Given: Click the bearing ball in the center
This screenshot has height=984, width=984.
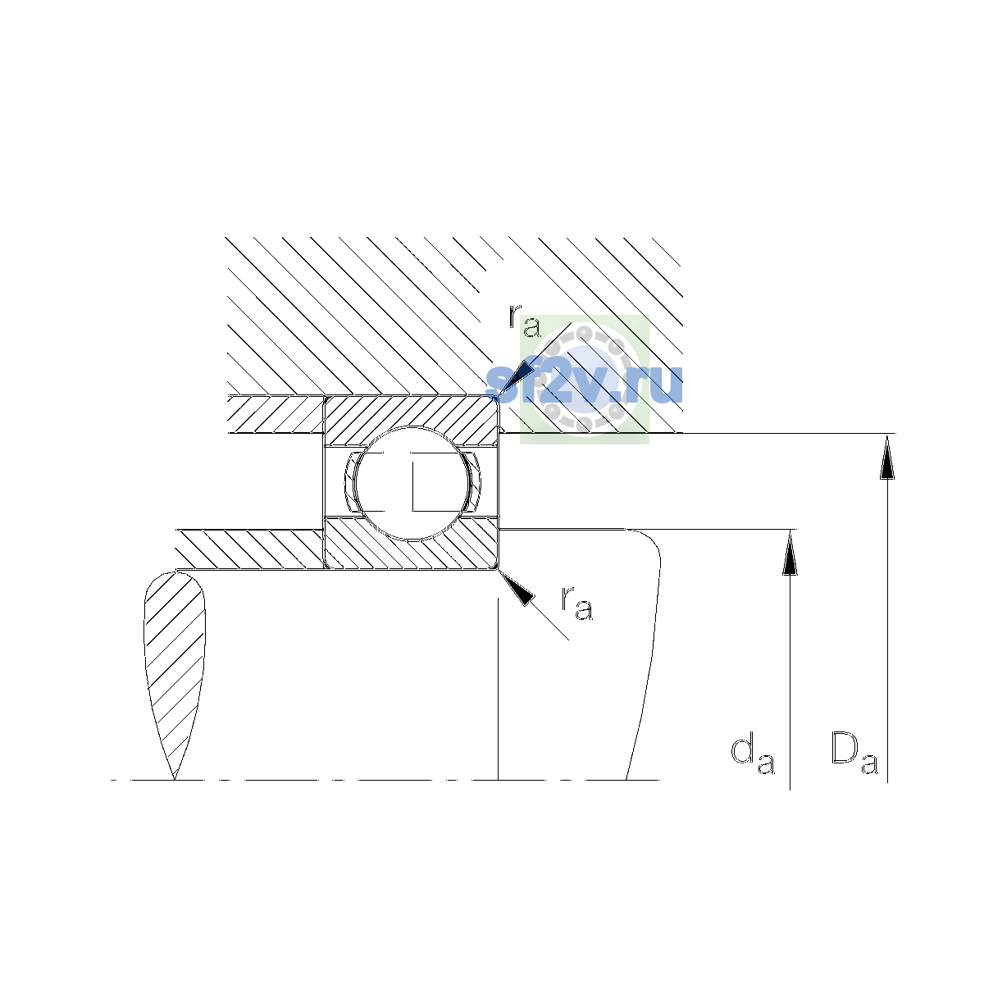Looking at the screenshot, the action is (412, 484).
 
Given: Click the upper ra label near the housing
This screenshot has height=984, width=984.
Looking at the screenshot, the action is (525, 321).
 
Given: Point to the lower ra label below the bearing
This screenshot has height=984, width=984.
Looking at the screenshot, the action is (577, 603).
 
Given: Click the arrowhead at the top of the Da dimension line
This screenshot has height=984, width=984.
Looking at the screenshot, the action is (887, 457).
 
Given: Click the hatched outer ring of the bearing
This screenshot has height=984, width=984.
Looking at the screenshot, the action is (412, 415).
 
